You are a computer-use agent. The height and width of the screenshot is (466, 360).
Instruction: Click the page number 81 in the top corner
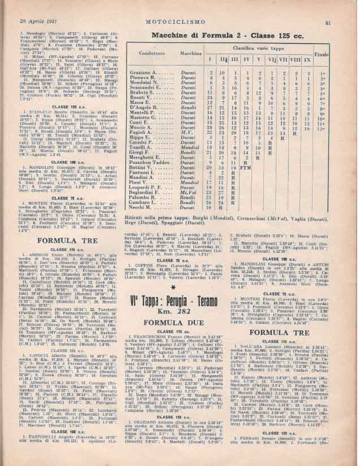343,7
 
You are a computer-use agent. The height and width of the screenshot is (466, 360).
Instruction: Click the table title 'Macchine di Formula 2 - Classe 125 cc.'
235,36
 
